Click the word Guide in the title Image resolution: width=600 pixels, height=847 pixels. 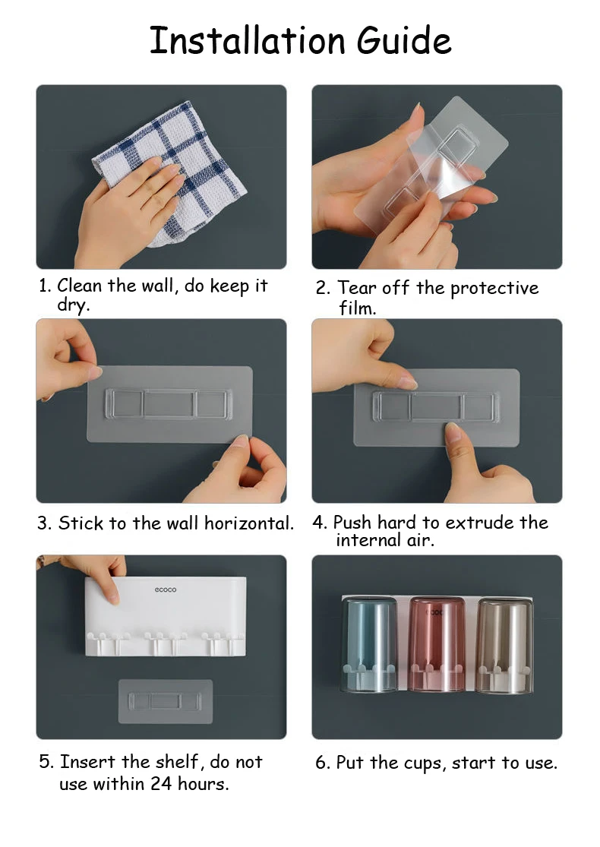(404, 41)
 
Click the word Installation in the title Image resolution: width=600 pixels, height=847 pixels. (247, 40)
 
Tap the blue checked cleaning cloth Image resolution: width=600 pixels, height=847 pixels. (178, 173)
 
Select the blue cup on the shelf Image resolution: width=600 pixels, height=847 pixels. (369, 644)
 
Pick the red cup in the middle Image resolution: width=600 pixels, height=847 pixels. (437, 644)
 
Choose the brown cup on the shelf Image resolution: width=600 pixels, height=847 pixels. (504, 645)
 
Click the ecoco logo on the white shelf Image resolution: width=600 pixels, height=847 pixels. (166, 589)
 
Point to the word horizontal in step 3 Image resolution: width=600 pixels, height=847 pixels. (249, 523)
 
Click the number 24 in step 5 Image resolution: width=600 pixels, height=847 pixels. (162, 783)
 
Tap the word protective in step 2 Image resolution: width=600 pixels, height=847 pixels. (494, 289)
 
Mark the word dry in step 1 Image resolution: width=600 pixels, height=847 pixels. (73, 305)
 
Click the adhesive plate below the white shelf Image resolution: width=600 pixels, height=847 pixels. (166, 701)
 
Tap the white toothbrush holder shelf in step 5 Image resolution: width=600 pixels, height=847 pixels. (166, 616)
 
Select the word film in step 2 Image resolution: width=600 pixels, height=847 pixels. (357, 308)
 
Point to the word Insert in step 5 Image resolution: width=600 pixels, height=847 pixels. (88, 762)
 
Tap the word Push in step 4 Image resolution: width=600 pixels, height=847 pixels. (352, 523)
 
